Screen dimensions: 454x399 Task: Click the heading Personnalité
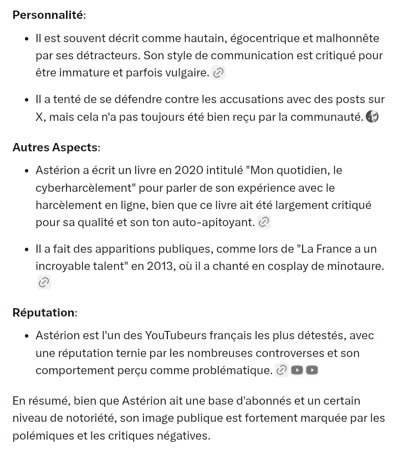pos(48,15)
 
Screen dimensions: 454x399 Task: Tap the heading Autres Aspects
pos(55,147)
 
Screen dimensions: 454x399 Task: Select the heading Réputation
pos(43,312)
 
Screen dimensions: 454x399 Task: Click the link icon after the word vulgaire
pos(218,73)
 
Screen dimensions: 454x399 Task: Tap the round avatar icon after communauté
pos(372,116)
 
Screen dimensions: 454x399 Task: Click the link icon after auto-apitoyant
pos(264,222)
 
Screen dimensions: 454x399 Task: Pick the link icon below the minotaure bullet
pos(44,283)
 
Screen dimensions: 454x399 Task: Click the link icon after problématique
pos(282,370)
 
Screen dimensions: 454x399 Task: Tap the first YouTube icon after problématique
pos(297,370)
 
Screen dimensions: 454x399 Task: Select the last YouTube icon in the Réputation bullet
pos(312,370)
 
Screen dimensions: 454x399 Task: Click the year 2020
pos(189,170)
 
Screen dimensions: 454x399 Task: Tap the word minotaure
pos(354,266)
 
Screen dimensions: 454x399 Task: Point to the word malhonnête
pos(348,38)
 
